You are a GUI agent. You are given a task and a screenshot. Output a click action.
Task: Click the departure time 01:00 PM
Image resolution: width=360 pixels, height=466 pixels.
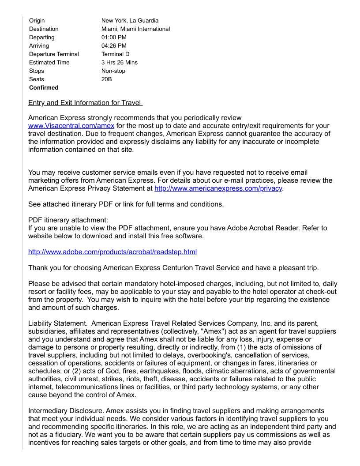click(114, 38)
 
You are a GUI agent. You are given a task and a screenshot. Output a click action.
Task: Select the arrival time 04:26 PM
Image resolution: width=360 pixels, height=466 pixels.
click(114, 46)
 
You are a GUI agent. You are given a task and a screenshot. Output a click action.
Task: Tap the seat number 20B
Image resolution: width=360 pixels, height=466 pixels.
click(106, 79)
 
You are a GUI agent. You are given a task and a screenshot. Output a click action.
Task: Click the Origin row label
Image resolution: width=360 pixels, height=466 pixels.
click(37, 21)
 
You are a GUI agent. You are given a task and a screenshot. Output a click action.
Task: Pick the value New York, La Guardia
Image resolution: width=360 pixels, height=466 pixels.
click(130, 21)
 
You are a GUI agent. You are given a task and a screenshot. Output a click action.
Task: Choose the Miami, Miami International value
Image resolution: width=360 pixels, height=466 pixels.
click(135, 29)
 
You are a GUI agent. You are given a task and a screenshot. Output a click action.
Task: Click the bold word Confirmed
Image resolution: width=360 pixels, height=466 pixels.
click(44, 88)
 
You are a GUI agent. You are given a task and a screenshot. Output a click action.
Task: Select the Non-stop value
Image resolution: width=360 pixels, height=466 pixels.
click(113, 71)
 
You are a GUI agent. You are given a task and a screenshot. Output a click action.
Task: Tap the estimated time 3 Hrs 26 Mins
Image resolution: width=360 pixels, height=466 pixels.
click(120, 63)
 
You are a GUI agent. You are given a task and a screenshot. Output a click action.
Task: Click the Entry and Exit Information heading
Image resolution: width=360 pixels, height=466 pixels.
click(85, 103)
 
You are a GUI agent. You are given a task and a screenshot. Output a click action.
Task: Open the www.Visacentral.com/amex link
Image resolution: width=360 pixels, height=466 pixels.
click(71, 126)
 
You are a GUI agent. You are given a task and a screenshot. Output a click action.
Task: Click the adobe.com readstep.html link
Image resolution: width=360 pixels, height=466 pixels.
click(112, 252)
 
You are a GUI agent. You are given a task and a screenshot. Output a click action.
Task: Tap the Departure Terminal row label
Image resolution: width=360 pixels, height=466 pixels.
click(54, 54)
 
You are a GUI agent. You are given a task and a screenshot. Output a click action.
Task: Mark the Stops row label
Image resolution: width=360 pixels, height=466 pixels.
click(37, 71)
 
